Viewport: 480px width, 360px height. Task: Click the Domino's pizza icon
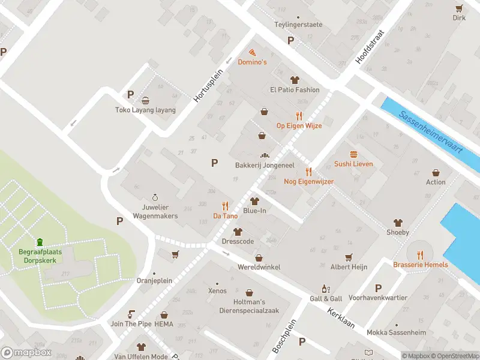click(x=252, y=53)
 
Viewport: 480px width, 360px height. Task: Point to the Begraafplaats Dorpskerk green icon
click(x=40, y=242)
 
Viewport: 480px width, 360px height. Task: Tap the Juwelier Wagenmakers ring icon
click(x=155, y=197)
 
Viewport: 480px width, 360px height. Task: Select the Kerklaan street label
click(x=341, y=321)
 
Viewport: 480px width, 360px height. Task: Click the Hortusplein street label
click(x=209, y=84)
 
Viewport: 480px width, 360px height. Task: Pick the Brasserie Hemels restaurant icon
click(x=420, y=254)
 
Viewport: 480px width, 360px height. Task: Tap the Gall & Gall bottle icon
click(x=326, y=289)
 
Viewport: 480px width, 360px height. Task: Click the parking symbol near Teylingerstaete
click(x=291, y=41)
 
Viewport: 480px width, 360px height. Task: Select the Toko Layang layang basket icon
click(x=146, y=100)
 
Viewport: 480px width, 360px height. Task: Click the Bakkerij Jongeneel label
click(x=260, y=164)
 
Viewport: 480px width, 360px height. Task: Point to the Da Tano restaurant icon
click(x=226, y=206)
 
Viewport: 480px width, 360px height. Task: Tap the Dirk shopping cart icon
click(x=459, y=8)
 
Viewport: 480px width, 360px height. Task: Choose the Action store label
click(x=436, y=182)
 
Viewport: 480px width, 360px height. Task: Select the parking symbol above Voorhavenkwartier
click(x=378, y=288)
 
